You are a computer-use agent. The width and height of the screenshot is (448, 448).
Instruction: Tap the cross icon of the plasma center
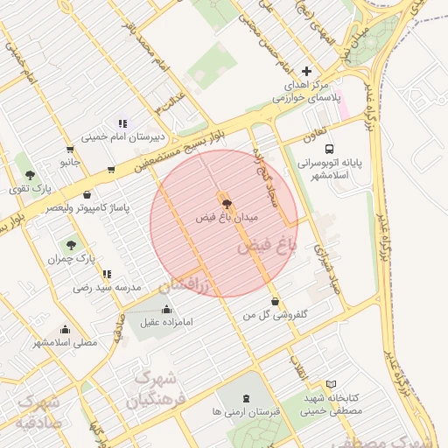tap(305, 71)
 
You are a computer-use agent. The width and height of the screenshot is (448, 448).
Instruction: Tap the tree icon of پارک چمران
tap(71, 245)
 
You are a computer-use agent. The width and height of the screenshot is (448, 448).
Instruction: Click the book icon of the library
tap(330, 383)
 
